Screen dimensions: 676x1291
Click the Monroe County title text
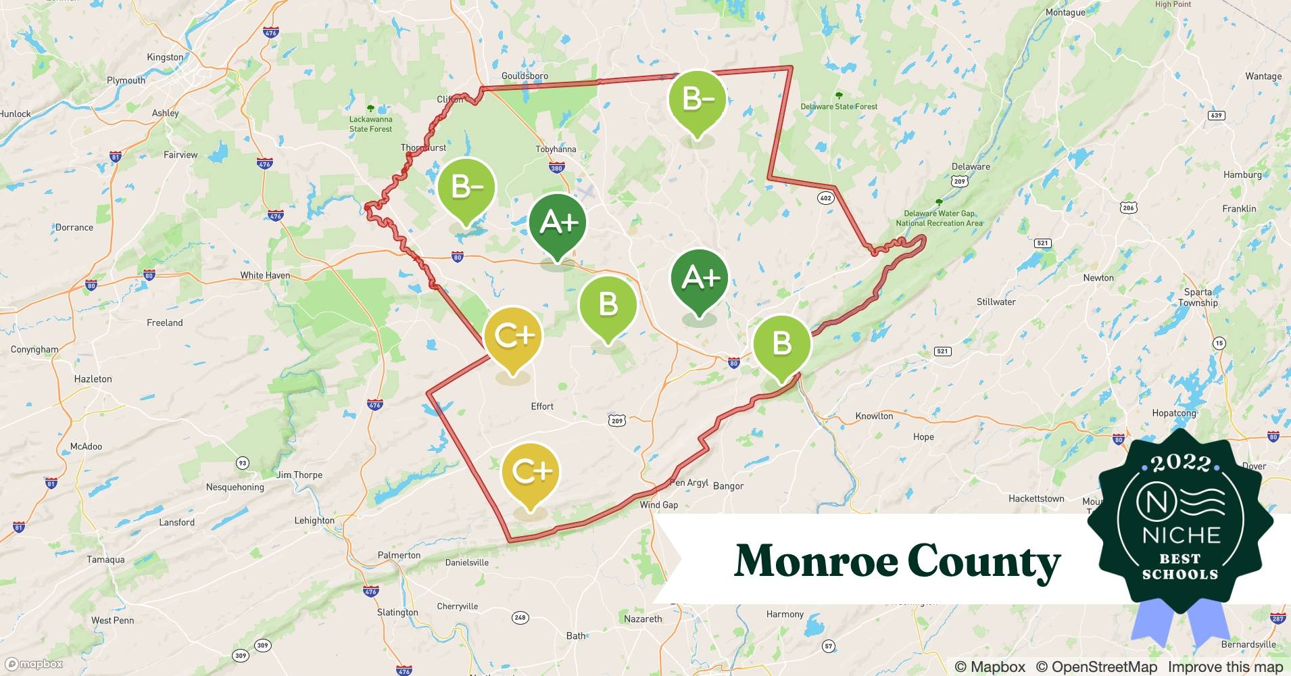898,561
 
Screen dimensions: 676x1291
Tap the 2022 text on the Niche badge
1181,463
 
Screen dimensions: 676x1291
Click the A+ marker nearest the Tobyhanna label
557,223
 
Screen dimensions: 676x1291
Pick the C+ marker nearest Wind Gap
531,473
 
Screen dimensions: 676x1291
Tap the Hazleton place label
93,379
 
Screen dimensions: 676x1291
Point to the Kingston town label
165,57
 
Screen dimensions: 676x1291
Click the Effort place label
542,406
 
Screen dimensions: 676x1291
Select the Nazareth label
643,619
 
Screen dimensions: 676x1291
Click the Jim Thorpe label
299,475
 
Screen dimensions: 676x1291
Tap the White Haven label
265,275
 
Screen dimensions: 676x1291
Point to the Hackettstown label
1036,499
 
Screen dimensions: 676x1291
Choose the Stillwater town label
996,302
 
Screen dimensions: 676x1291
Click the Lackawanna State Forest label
370,124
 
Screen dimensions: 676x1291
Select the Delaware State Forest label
839,106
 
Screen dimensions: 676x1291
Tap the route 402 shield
825,198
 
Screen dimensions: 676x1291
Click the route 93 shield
242,463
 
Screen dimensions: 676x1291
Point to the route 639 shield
1216,115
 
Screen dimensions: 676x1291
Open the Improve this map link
1225,667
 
